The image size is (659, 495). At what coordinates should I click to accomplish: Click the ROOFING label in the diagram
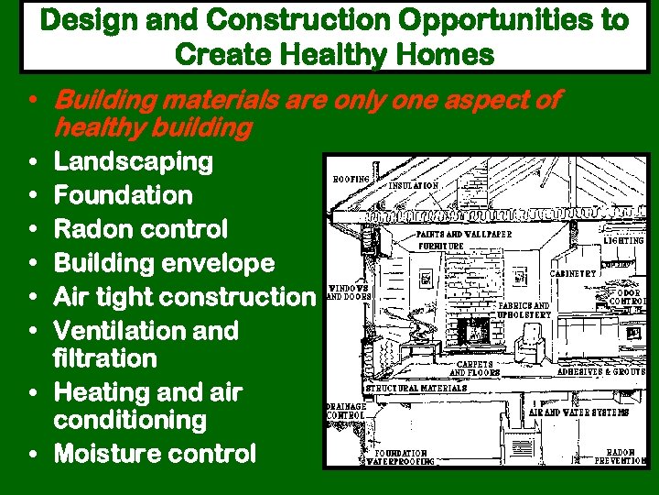[351, 179]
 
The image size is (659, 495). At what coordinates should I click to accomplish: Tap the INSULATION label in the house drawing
[414, 185]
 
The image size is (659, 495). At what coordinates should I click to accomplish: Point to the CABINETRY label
[573, 273]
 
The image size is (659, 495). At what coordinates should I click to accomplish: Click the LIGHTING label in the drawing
[623, 240]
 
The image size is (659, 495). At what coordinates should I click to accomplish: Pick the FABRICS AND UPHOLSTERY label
[524, 310]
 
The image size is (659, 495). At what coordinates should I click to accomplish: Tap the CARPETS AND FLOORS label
[474, 368]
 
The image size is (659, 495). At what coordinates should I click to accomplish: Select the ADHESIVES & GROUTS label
[601, 372]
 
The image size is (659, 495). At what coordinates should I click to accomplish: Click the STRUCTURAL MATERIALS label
[416, 388]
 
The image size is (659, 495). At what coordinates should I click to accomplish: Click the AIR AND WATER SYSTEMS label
[579, 412]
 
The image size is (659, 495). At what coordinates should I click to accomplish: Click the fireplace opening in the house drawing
[473, 330]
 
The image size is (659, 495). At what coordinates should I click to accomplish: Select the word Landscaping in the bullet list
[134, 162]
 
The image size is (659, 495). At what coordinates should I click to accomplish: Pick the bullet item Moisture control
[155, 454]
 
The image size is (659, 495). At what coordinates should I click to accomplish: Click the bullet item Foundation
[124, 195]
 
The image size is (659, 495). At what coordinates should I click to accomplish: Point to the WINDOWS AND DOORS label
[348, 292]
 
